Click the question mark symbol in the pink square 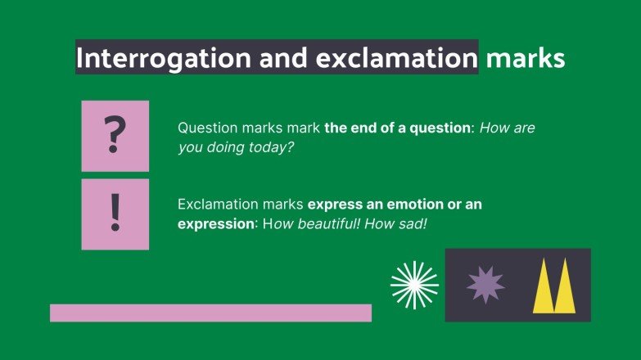115,136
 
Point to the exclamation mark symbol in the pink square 115,214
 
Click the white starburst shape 414,284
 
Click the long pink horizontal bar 210,313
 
